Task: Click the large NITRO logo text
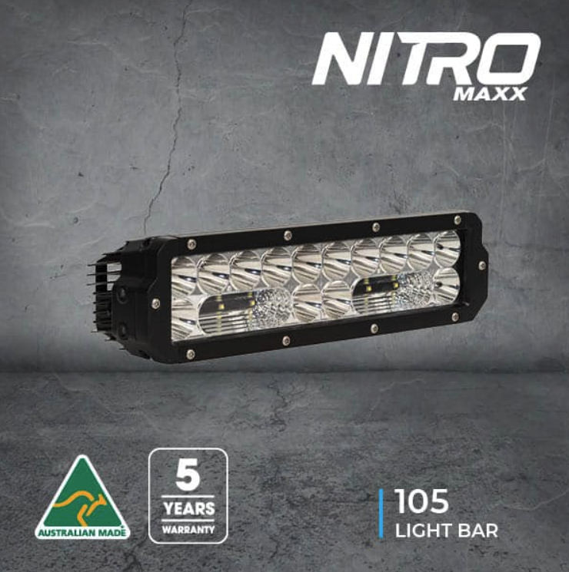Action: [426, 58]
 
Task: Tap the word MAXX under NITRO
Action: [489, 94]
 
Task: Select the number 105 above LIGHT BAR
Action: [421, 501]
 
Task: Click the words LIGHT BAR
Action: [446, 531]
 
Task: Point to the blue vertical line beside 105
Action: [381, 513]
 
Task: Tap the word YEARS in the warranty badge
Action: [188, 508]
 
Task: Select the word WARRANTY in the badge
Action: [188, 529]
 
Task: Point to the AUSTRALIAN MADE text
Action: [82, 534]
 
